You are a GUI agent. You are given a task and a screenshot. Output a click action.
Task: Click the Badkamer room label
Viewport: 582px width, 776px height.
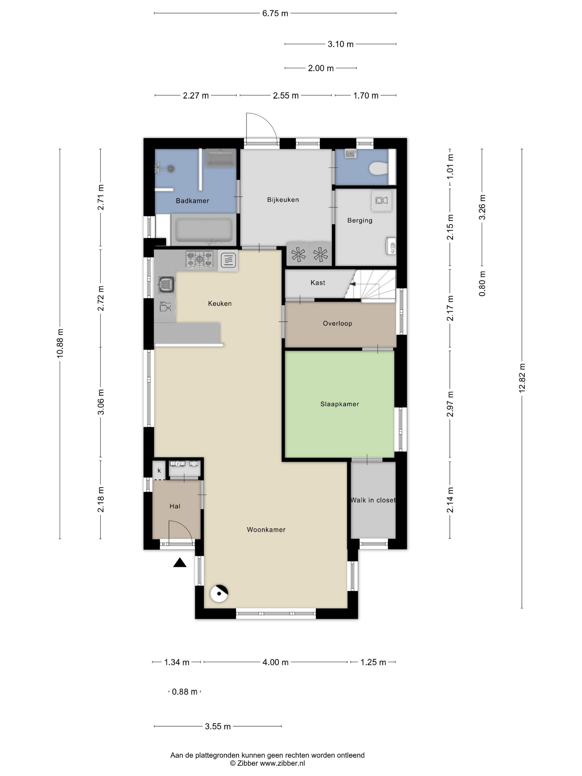click(x=192, y=201)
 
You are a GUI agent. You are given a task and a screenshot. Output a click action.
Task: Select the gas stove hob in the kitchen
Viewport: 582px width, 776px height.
click(x=200, y=260)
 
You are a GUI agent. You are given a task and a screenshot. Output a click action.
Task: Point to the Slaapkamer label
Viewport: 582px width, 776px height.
click(x=339, y=404)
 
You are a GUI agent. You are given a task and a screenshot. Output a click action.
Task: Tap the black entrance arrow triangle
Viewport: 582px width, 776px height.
click(x=180, y=562)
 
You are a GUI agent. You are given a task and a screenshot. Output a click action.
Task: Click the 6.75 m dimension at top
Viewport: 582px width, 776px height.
click(x=275, y=13)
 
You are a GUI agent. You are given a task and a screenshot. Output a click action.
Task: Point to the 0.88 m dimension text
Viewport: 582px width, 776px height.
click(x=185, y=692)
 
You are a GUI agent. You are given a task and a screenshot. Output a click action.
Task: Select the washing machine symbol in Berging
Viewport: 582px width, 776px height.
click(x=381, y=200)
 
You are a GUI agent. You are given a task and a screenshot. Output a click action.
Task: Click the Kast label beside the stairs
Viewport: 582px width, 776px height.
click(x=318, y=282)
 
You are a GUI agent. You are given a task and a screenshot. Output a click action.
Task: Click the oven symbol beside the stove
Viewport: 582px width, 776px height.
click(x=228, y=260)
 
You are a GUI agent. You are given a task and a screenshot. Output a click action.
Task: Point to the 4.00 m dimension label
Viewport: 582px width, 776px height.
click(x=275, y=662)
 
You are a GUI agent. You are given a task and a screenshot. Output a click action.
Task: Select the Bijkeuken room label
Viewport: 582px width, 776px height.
click(x=283, y=200)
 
